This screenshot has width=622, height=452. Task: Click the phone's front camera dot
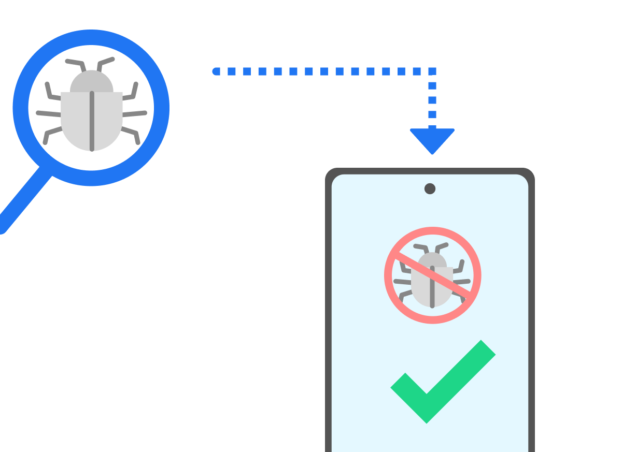[x=430, y=188]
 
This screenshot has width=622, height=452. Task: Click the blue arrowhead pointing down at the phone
[x=432, y=140]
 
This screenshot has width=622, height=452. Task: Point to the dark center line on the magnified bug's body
[x=92, y=122]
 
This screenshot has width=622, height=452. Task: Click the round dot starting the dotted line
[x=216, y=71]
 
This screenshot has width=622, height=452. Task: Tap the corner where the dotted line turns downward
[x=432, y=71]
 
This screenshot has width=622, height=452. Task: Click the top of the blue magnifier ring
[x=91, y=37]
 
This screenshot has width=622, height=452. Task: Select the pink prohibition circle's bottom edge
[x=432, y=319]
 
